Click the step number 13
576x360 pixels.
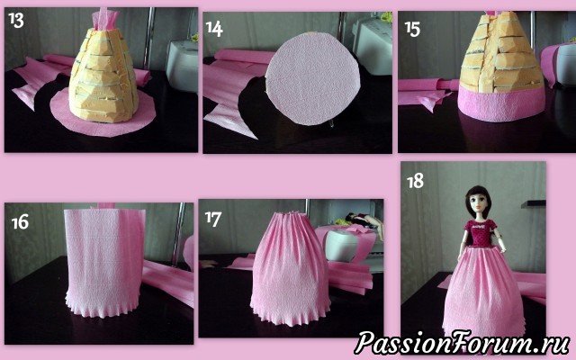click(x=16, y=21)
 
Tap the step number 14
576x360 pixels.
click(x=214, y=29)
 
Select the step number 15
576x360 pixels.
click(x=412, y=29)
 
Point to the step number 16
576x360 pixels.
click(x=20, y=222)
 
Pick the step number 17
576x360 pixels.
click(x=213, y=219)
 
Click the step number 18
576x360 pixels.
click(x=416, y=181)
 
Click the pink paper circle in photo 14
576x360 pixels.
click(x=312, y=79)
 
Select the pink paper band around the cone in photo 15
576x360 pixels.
click(x=501, y=103)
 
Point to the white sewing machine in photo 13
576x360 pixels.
click(x=182, y=66)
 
